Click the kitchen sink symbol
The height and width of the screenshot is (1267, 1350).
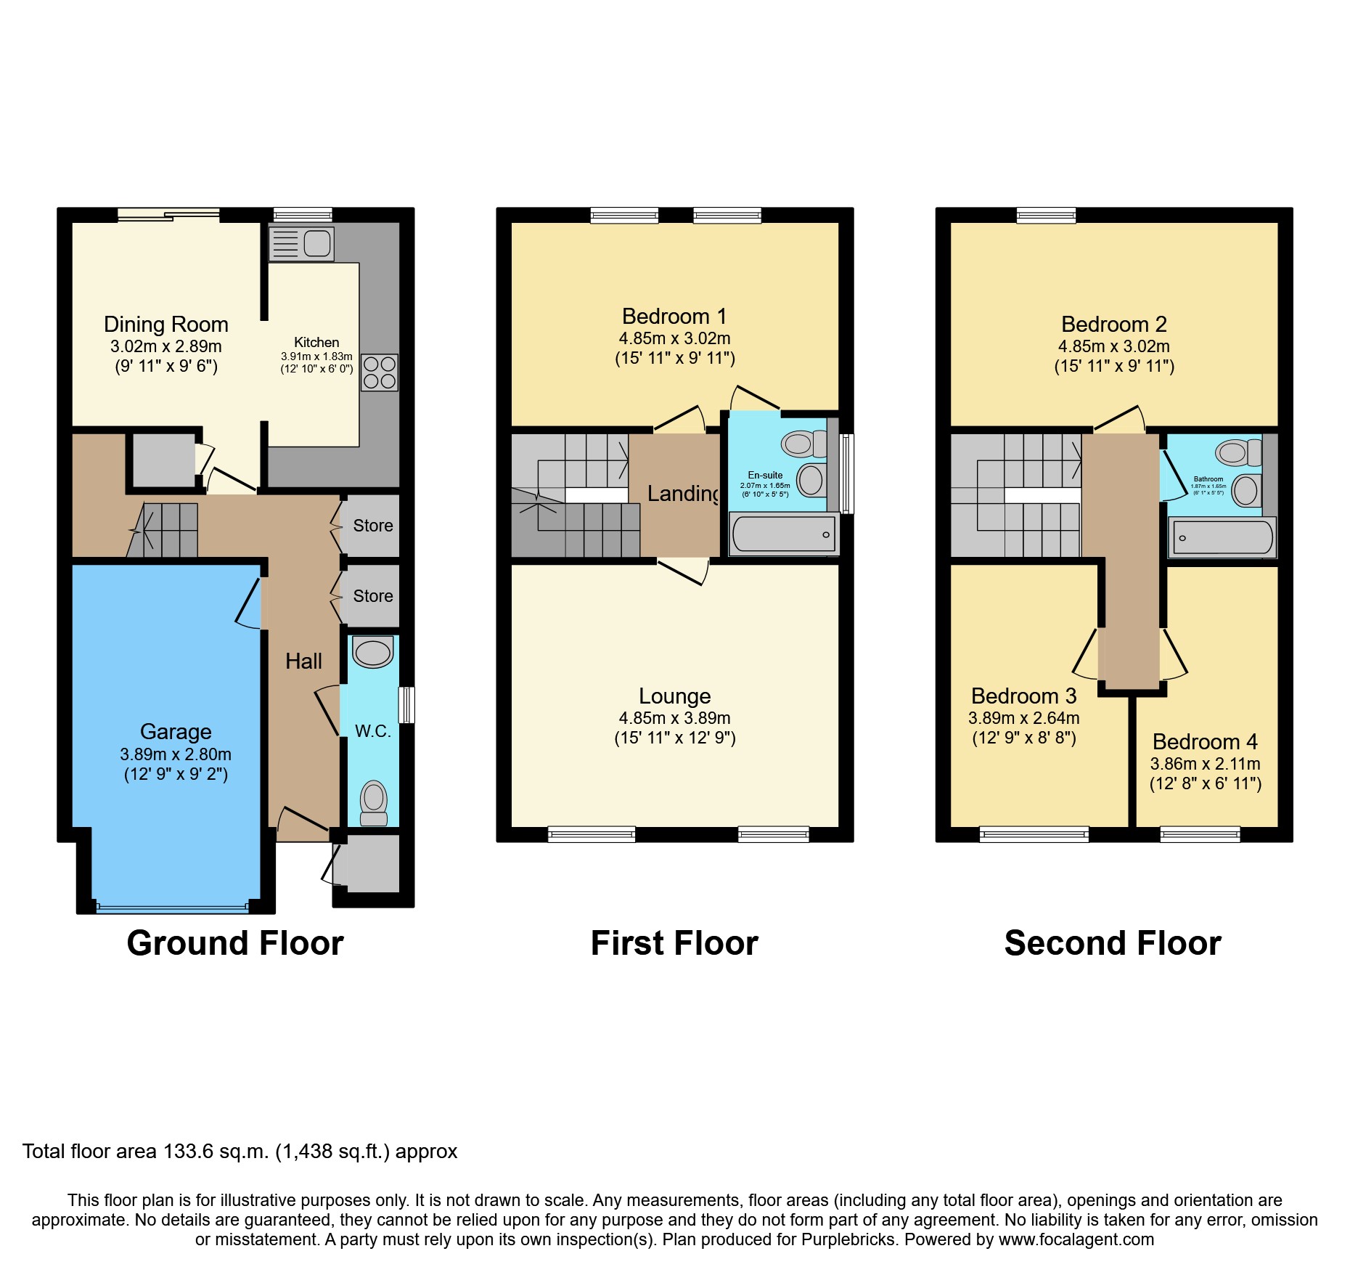(x=301, y=243)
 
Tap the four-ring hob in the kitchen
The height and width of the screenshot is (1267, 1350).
(x=380, y=372)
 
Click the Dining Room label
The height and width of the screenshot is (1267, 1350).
(x=165, y=325)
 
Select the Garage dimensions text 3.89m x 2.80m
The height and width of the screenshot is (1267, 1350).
(x=176, y=754)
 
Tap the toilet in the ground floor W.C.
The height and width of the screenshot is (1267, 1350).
(x=374, y=802)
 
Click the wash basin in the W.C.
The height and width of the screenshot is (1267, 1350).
(x=372, y=651)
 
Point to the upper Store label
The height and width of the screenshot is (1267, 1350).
(x=372, y=526)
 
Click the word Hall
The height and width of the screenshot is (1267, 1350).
(x=303, y=661)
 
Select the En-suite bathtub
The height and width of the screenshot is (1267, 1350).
(x=784, y=535)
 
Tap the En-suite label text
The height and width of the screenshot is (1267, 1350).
(x=765, y=475)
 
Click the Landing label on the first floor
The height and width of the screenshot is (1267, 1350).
(x=682, y=494)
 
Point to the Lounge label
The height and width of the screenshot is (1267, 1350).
(x=674, y=696)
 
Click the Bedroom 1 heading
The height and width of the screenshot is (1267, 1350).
(x=674, y=317)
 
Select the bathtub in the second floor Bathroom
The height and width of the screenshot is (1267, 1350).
(x=1222, y=538)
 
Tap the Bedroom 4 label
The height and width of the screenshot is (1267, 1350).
(x=1205, y=742)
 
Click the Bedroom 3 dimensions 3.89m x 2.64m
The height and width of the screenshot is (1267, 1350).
(x=1023, y=719)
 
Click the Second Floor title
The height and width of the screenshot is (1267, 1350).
(x=1112, y=943)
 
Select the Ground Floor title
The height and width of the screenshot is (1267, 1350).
(x=234, y=943)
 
